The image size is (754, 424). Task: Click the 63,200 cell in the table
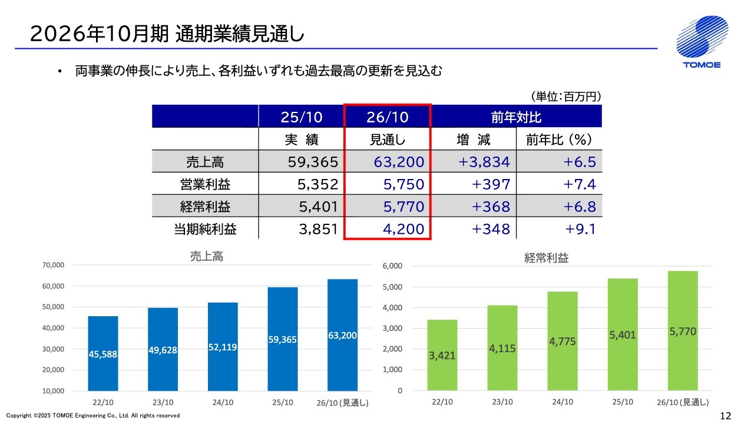pos(399,161)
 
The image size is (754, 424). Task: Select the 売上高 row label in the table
pos(205,161)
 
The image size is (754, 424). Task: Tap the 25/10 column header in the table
pos(302,117)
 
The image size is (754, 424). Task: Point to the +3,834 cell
pos(485,161)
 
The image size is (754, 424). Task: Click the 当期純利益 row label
pos(205,229)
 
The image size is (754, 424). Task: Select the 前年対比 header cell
pos(517,117)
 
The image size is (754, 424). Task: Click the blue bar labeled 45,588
pos(103,353)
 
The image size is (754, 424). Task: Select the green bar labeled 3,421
pos(442,355)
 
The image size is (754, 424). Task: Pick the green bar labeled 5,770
pos(683,331)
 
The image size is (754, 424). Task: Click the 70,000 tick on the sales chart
pos(53,266)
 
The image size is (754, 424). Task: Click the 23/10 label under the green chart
pos(502,402)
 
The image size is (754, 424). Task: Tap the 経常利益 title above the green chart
pos(546,257)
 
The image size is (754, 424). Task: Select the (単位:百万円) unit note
pos(566,96)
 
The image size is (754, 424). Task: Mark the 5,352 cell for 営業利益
pos(318,184)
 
